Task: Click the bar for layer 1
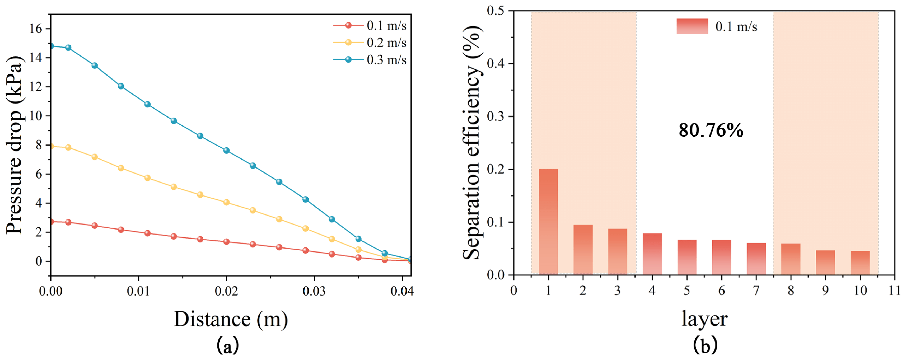pyautogui.click(x=548, y=222)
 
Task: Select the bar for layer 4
pyautogui.click(x=652, y=254)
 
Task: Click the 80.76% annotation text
pyautogui.click(x=711, y=130)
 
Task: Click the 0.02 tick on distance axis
pyautogui.click(x=226, y=291)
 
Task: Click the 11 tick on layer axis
pyautogui.click(x=894, y=290)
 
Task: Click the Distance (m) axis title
pyautogui.click(x=231, y=319)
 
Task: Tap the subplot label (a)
pyautogui.click(x=227, y=345)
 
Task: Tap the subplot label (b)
pyautogui.click(x=704, y=345)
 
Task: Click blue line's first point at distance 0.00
pyautogui.click(x=51, y=46)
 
